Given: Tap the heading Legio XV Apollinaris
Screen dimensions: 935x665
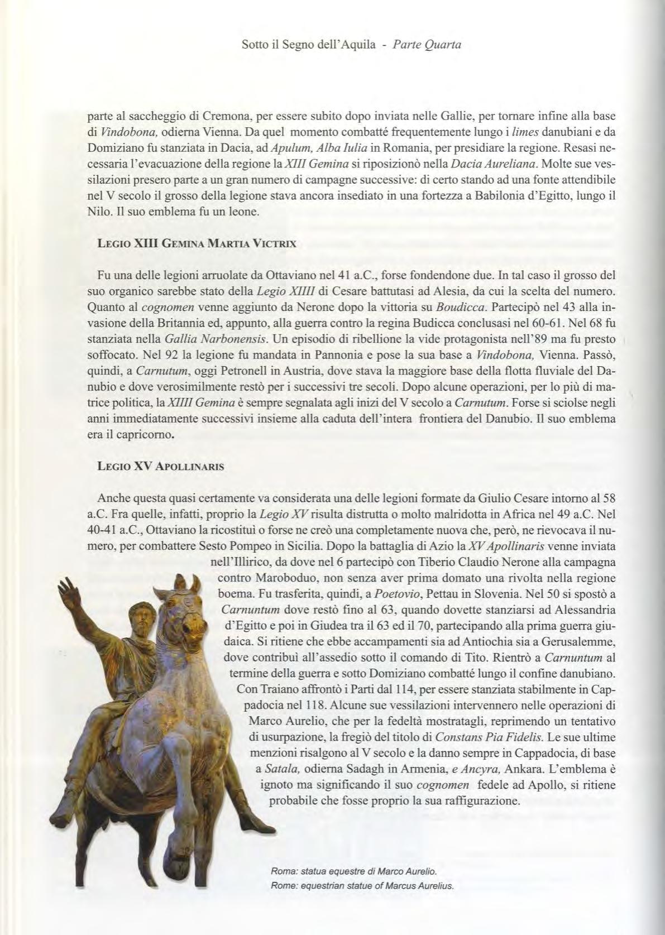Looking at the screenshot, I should coord(161,467).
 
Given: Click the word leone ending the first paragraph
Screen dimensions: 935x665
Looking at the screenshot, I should coord(243,212).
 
